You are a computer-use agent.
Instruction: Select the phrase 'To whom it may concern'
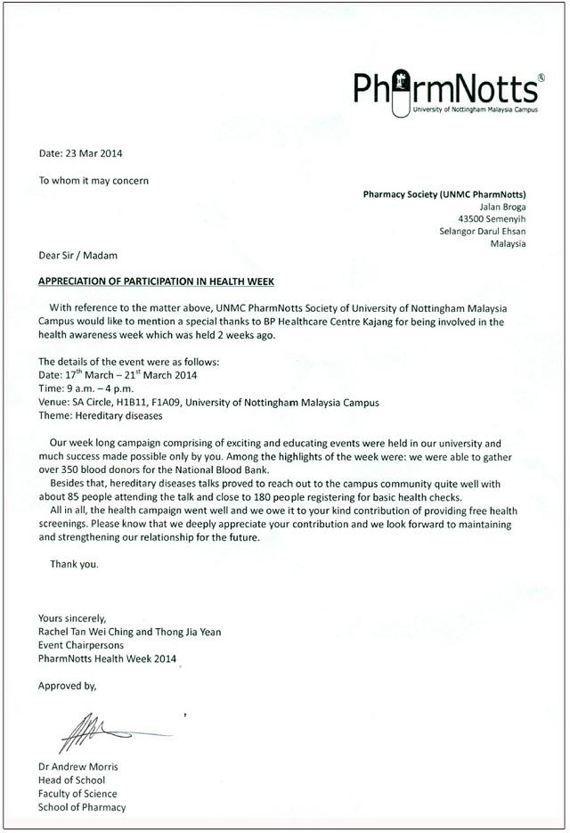[x=94, y=180]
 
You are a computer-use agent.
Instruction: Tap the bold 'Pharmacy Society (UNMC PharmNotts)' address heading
[x=444, y=194]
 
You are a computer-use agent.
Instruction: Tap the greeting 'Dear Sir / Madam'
[x=77, y=255]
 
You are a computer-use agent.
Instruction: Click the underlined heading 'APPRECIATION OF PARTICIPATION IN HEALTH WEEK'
[x=156, y=281]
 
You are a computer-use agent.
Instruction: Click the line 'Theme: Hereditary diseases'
[x=101, y=416]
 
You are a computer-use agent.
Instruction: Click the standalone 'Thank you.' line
[x=75, y=564]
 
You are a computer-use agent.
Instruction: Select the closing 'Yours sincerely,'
[x=72, y=618]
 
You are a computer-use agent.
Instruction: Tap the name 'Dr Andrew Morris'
[x=78, y=767]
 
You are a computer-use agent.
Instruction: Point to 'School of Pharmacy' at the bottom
[x=82, y=807]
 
